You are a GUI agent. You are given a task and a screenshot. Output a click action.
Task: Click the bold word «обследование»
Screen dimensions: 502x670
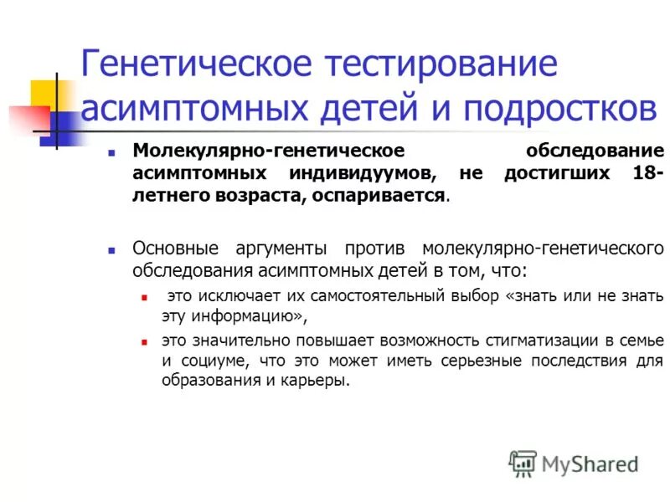coord(595,151)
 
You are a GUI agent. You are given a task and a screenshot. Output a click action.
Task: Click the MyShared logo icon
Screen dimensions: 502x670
coord(523,463)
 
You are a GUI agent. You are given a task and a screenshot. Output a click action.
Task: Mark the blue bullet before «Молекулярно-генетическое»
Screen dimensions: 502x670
coord(111,152)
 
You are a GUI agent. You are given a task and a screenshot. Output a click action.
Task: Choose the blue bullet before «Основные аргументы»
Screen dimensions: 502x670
coord(111,250)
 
